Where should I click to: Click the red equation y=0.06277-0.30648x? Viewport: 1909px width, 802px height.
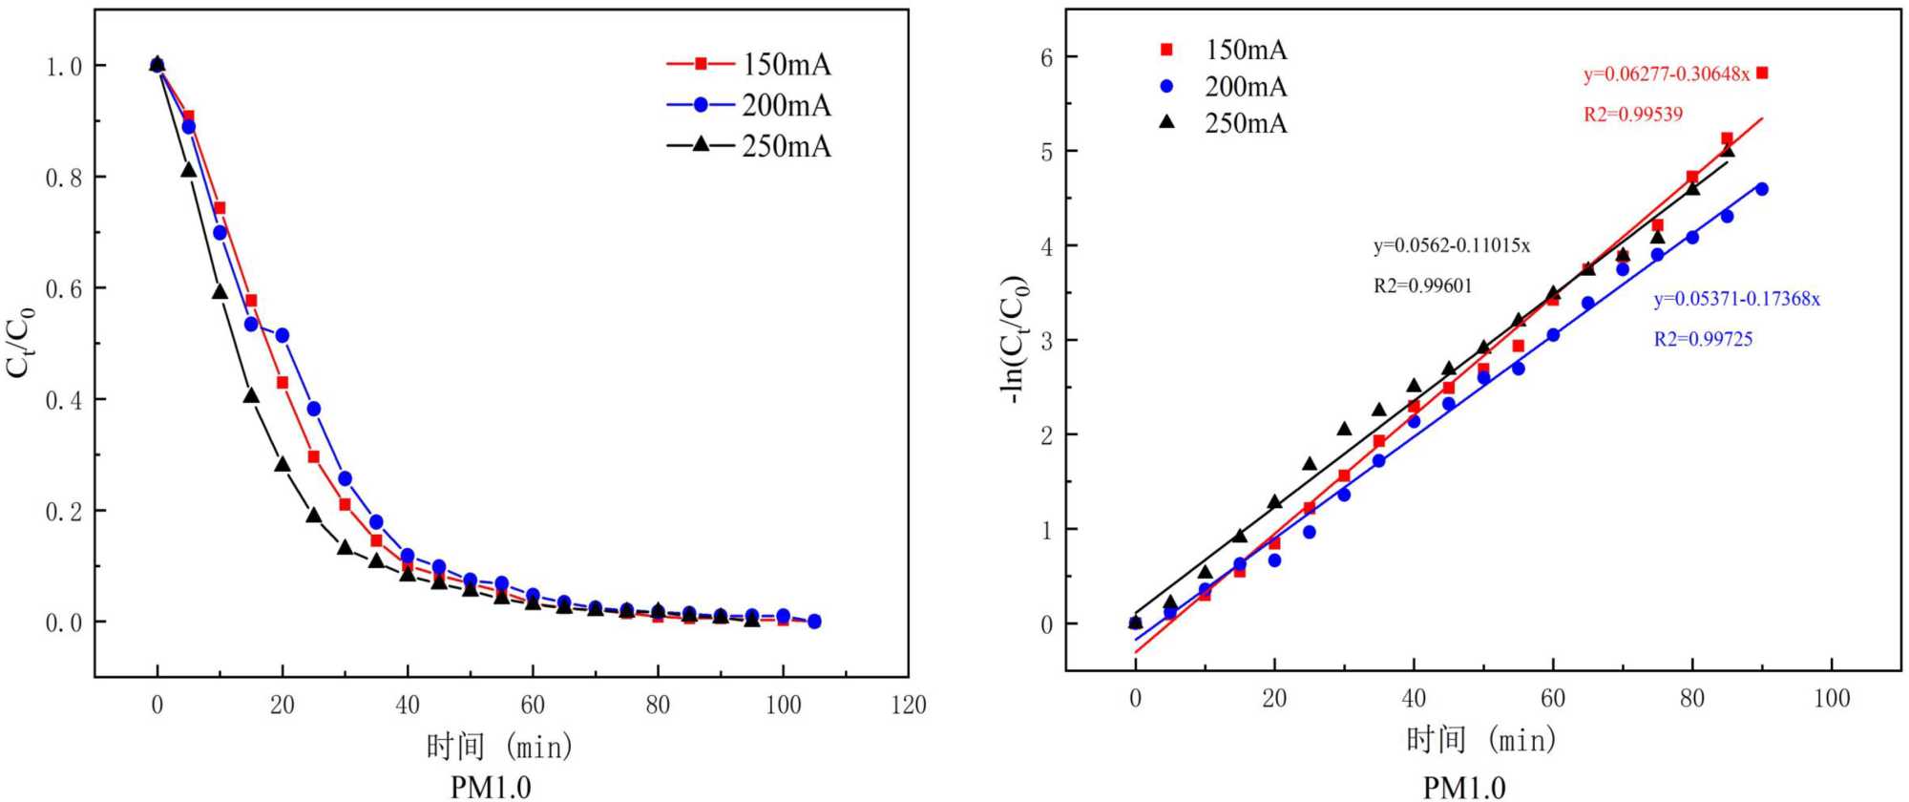tap(1667, 74)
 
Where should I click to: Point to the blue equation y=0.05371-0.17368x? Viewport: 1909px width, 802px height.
tap(1736, 299)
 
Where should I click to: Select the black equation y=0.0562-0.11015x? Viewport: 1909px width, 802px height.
tap(1451, 245)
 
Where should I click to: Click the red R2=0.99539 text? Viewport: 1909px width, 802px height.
tap(1633, 115)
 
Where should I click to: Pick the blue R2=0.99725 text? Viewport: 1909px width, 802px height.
tap(1703, 339)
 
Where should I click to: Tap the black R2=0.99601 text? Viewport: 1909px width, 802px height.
tap(1422, 285)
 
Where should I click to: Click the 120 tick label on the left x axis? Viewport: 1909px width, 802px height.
tap(908, 706)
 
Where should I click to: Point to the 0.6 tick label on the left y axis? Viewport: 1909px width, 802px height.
tap(64, 288)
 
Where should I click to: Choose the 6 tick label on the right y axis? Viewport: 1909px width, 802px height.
tap(1046, 58)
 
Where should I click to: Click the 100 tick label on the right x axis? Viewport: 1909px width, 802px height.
tap(1831, 699)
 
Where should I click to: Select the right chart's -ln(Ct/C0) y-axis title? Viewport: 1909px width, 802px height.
tap(1015, 339)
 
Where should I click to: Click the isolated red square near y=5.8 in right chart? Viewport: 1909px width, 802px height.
tap(1762, 73)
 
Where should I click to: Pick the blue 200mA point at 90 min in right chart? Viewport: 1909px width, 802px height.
tap(1762, 189)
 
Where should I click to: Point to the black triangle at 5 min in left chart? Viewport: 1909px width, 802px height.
tap(188, 170)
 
